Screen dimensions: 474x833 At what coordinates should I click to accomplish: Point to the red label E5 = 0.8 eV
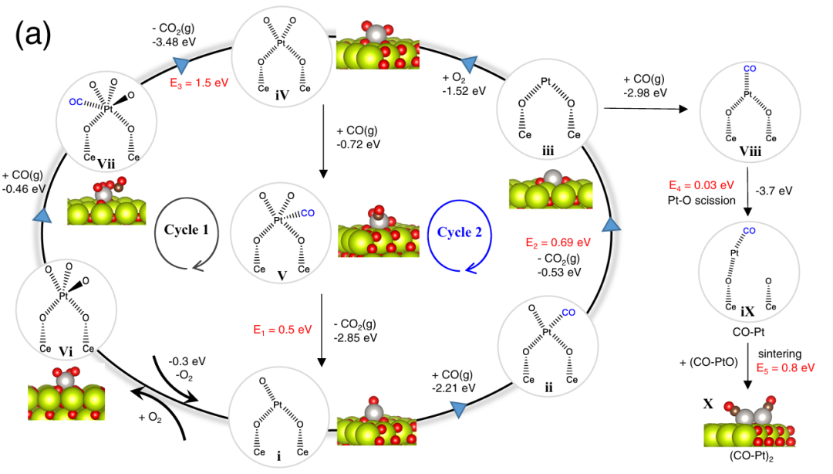click(785, 367)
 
